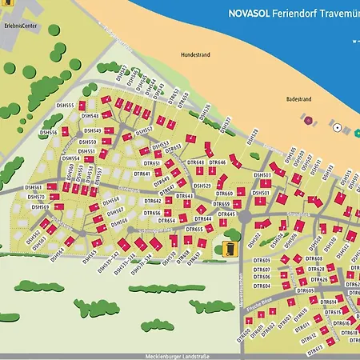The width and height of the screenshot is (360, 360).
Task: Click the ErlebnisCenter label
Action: [21, 26]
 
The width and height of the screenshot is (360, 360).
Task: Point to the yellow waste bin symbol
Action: [230, 248]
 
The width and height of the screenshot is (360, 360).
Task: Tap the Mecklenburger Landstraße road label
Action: [182, 356]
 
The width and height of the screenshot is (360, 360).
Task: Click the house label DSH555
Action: [65, 106]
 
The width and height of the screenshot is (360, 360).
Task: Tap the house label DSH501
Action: [262, 192]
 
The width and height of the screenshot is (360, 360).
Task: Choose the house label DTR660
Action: [225, 194]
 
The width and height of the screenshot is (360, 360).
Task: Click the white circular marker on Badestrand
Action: [337, 128]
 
